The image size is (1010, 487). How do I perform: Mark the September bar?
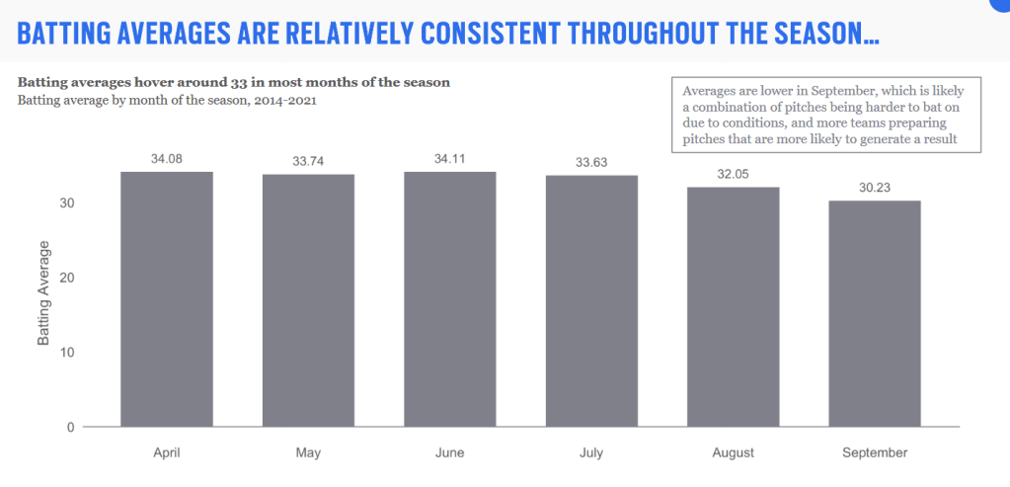point(875,314)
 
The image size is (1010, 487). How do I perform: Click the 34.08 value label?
point(166,158)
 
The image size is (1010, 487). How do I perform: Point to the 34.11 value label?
point(449,158)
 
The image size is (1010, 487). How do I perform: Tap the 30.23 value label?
point(875,187)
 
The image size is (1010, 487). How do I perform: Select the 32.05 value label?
point(734,173)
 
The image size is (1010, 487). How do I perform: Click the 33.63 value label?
point(591,161)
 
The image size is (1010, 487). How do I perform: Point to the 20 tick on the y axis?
point(67,278)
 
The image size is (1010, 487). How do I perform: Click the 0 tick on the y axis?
point(71,428)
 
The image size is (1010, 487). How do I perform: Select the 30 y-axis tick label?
point(67,203)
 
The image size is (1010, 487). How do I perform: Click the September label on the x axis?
point(875,453)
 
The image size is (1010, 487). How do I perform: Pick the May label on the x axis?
point(308,453)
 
